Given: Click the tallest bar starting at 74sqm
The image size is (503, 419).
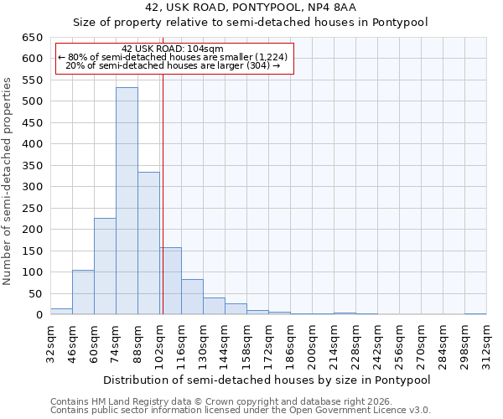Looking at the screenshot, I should click(x=127, y=201).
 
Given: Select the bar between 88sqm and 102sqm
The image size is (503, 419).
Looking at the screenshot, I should click(x=148, y=243).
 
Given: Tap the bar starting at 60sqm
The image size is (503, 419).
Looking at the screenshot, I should click(x=105, y=266).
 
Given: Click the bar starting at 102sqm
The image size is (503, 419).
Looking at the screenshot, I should click(x=171, y=281).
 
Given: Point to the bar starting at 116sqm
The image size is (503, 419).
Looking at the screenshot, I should click(x=192, y=297).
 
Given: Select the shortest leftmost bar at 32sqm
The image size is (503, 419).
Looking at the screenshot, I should click(x=61, y=311).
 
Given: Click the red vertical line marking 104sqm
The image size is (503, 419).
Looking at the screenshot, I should click(x=163, y=193).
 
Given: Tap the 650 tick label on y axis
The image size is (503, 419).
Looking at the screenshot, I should click(x=32, y=38).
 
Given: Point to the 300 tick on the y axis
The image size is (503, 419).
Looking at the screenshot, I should click(x=32, y=187).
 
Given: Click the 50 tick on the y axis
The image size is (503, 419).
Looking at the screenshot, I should click(x=34, y=294).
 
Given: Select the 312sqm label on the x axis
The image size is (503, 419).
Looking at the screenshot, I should click(x=487, y=342).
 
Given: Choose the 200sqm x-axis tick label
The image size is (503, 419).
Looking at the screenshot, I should click(x=313, y=342).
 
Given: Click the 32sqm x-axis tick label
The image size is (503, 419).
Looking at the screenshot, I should click(x=51, y=342).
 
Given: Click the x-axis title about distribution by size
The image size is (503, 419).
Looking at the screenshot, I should click(x=267, y=380).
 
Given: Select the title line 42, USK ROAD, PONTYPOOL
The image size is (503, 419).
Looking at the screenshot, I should click(x=251, y=8).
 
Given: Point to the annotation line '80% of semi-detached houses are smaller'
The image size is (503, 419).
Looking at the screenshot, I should click(x=173, y=57).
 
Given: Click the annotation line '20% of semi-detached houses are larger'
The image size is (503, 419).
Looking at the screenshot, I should click(x=173, y=65).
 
